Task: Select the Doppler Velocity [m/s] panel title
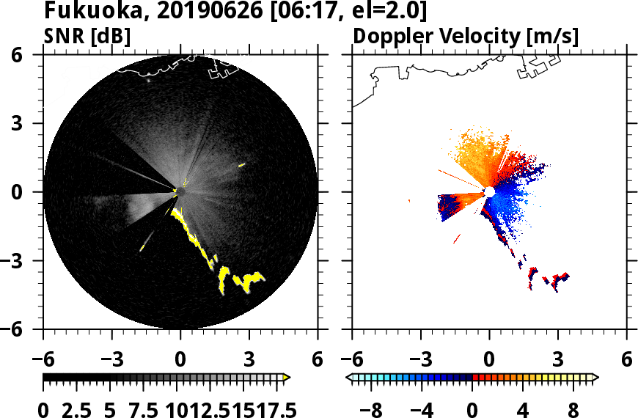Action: point(466,36)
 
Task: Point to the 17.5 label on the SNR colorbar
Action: point(273,407)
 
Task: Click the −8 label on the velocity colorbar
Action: point(376,407)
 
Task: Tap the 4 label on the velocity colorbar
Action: point(522,407)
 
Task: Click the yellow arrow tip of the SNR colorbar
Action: point(287,378)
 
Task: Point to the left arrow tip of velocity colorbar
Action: point(350,378)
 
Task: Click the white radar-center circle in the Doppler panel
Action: point(489,191)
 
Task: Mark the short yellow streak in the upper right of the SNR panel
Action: point(241,166)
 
